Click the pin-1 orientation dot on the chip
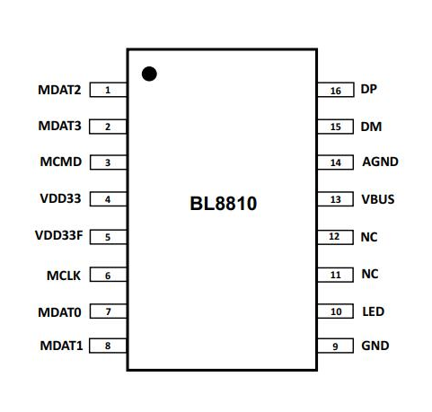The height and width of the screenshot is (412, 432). [149, 74]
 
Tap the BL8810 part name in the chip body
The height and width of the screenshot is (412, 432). [224, 204]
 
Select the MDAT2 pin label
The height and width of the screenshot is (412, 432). [59, 90]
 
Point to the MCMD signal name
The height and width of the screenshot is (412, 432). [61, 162]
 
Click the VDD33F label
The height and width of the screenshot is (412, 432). [58, 235]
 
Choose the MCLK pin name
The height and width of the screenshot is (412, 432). [64, 276]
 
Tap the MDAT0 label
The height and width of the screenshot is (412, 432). [59, 312]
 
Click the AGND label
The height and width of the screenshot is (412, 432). [380, 162]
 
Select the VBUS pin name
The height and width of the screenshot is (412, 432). [378, 199]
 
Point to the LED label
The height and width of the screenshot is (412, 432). [374, 311]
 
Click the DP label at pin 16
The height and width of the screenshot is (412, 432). [368, 89]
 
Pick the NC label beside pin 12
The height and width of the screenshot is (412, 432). [369, 237]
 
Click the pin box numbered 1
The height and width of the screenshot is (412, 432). [108, 90]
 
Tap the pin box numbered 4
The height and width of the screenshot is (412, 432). [108, 199]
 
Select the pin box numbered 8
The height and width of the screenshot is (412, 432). [108, 346]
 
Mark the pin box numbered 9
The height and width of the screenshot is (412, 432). [335, 346]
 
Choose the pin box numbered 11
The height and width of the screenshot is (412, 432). [335, 275]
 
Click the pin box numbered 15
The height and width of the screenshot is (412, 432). [335, 127]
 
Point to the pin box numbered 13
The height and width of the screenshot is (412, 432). [335, 199]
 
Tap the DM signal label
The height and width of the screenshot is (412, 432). [371, 127]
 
